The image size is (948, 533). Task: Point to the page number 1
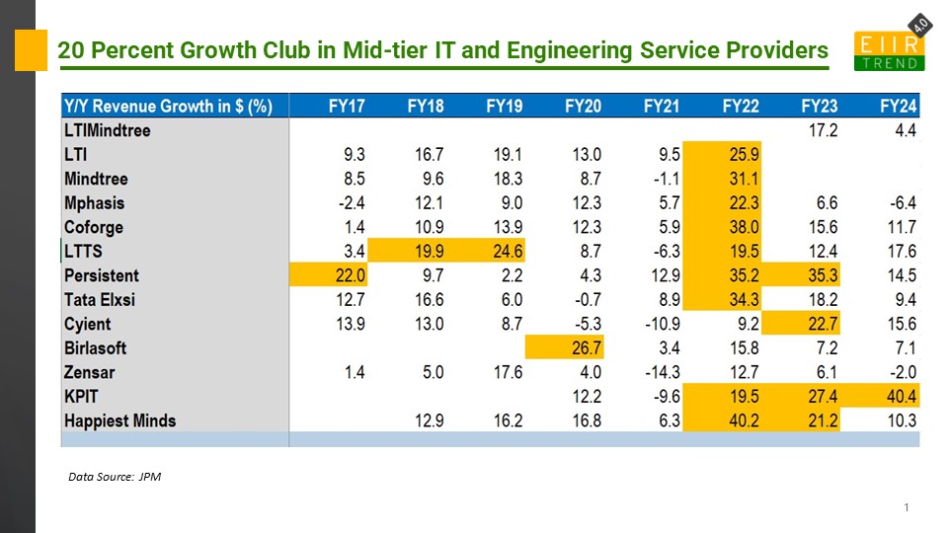906,507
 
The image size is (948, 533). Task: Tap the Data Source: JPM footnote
114,477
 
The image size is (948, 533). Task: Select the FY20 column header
583,106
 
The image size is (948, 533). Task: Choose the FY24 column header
899,106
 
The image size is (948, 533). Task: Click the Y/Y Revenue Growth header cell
168,106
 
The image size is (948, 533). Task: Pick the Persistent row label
102,275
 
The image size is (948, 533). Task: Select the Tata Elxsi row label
101,299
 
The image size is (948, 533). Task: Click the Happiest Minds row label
119,420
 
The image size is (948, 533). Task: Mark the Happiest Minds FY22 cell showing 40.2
741,420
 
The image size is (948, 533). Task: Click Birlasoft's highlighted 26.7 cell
583,347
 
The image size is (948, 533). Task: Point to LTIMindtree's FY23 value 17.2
820,130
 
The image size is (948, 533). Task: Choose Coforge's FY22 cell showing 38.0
741,227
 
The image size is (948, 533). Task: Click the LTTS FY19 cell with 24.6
504,252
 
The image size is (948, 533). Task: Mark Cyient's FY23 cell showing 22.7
820,324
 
